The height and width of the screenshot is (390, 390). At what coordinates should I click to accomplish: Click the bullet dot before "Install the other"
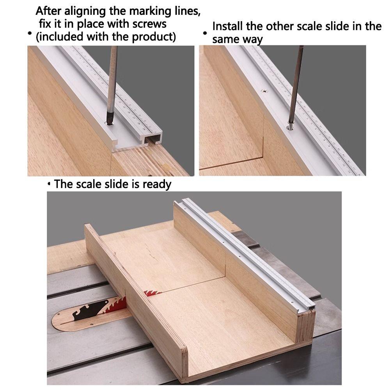click(x=205, y=34)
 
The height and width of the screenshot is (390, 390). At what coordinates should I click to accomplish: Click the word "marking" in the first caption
click(x=136, y=11)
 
